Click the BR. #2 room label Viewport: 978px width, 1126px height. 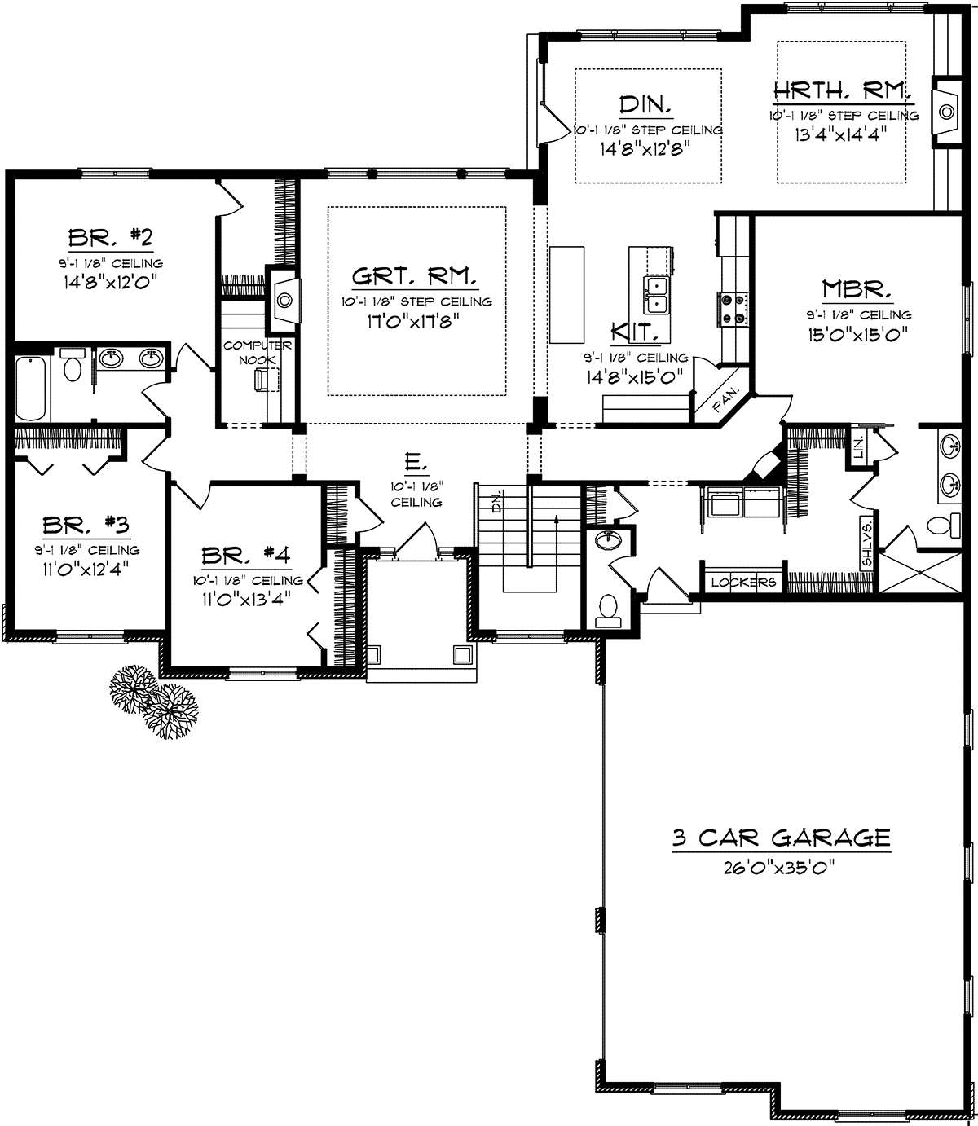[110, 238]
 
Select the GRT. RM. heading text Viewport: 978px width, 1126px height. [414, 275]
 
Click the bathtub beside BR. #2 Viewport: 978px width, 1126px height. [31, 389]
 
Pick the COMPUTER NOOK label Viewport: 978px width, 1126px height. [258, 353]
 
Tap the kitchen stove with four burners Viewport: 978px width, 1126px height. [733, 310]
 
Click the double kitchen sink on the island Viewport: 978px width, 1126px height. [658, 295]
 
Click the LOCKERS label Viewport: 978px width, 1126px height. [743, 583]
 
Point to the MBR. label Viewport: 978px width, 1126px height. [856, 289]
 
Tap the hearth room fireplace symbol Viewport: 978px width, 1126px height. [946, 112]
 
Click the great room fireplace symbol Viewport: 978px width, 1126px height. [283, 300]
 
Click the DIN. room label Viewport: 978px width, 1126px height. [645, 104]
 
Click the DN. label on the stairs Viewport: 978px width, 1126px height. [497, 501]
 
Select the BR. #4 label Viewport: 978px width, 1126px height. [246, 556]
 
